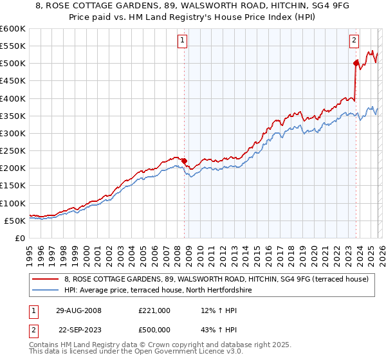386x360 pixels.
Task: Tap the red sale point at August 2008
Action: [184, 161]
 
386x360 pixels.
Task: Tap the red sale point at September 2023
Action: [355, 63]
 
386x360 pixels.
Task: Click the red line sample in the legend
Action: [46, 279]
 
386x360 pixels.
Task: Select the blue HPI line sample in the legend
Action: [46, 291]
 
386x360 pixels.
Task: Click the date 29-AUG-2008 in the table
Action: [78, 310]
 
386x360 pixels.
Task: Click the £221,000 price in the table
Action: [154, 310]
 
